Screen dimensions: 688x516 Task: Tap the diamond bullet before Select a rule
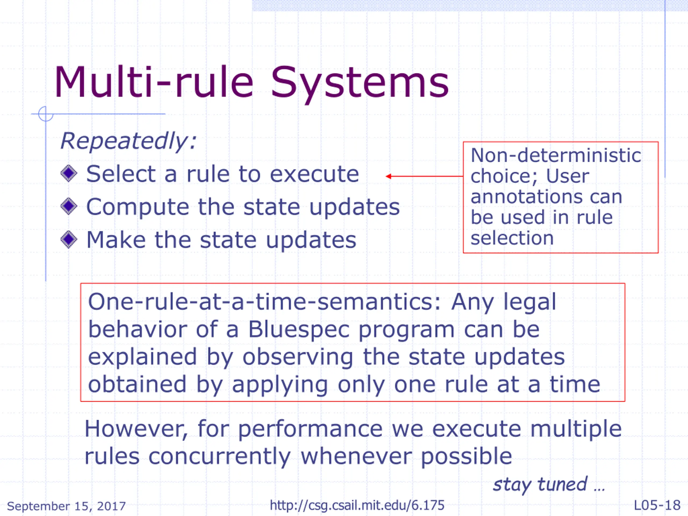69,173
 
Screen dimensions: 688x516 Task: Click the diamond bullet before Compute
69,206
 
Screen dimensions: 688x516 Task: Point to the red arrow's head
388,176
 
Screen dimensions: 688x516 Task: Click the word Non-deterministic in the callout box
556,155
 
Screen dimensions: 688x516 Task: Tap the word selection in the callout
512,238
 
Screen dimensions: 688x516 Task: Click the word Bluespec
299,329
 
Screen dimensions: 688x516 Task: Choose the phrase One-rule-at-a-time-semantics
264,302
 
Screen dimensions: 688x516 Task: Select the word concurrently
220,456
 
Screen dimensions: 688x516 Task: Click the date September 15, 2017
66,506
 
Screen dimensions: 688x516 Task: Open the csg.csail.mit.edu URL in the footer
357,506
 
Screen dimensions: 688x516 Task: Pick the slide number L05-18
657,506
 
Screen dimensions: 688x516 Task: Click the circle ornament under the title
46,114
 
